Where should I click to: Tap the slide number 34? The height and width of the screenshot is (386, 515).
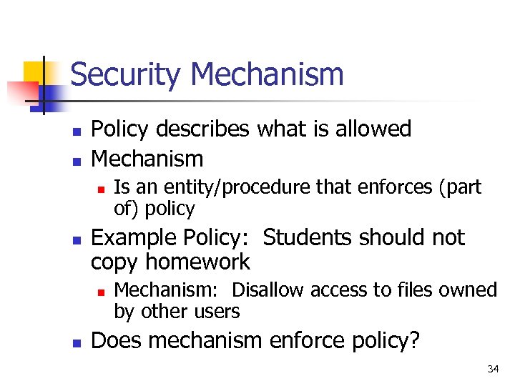tap(493, 369)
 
